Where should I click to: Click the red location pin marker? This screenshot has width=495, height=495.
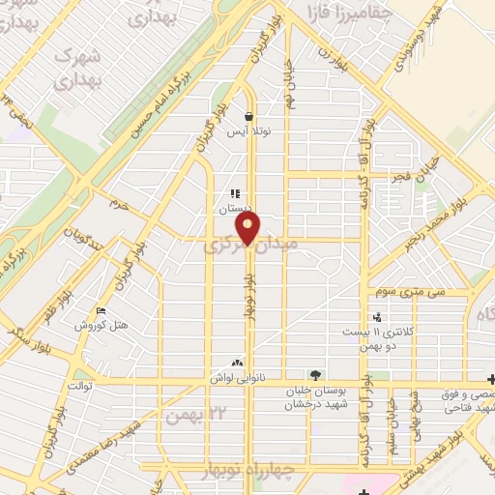pyautogui.click(x=249, y=228)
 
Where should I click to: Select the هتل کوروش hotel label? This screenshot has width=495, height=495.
pyautogui.click(x=102, y=325)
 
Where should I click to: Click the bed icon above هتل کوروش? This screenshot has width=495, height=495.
pyautogui.click(x=102, y=310)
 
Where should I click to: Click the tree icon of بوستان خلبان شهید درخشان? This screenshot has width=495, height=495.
pyautogui.click(x=314, y=375)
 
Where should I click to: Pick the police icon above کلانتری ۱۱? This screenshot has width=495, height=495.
pyautogui.click(x=377, y=317)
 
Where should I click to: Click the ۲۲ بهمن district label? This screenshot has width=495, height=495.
pyautogui.click(x=188, y=416)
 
